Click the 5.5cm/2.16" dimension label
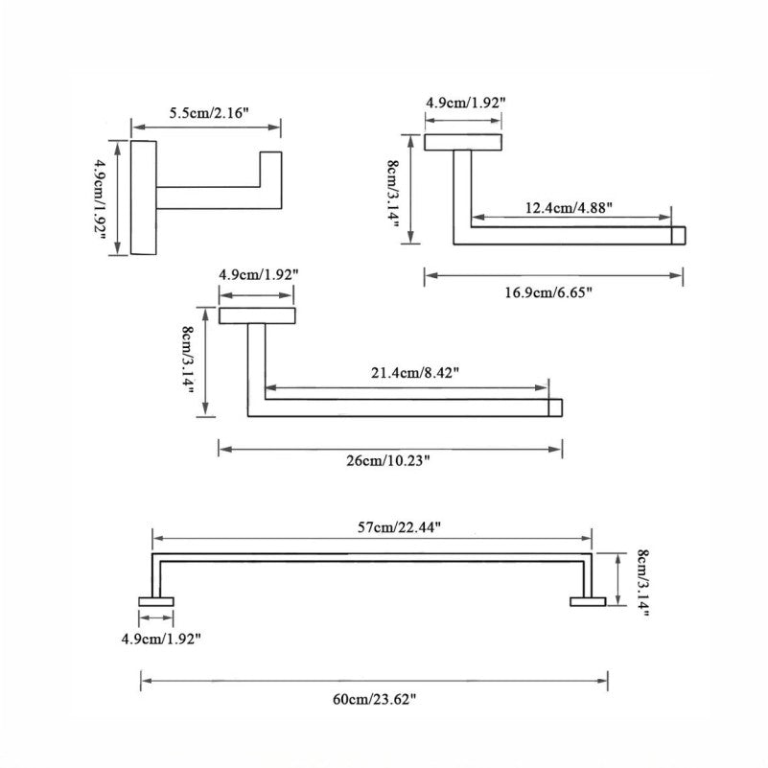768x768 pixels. tap(208, 113)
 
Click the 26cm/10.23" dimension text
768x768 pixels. tap(388, 460)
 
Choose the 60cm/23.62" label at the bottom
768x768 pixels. tap(374, 700)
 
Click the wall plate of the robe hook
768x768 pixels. tap(143, 198)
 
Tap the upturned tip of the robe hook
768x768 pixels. tap(270, 168)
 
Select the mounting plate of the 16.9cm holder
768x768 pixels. tap(462, 142)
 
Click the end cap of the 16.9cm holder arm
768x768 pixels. tap(678, 235)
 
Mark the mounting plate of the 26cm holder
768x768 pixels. tap(257, 315)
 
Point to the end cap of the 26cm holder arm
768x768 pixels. tap(554, 407)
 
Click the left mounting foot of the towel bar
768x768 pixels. tap(156, 601)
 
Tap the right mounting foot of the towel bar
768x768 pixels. tap(588, 601)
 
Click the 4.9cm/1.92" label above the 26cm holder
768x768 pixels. tap(259, 274)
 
